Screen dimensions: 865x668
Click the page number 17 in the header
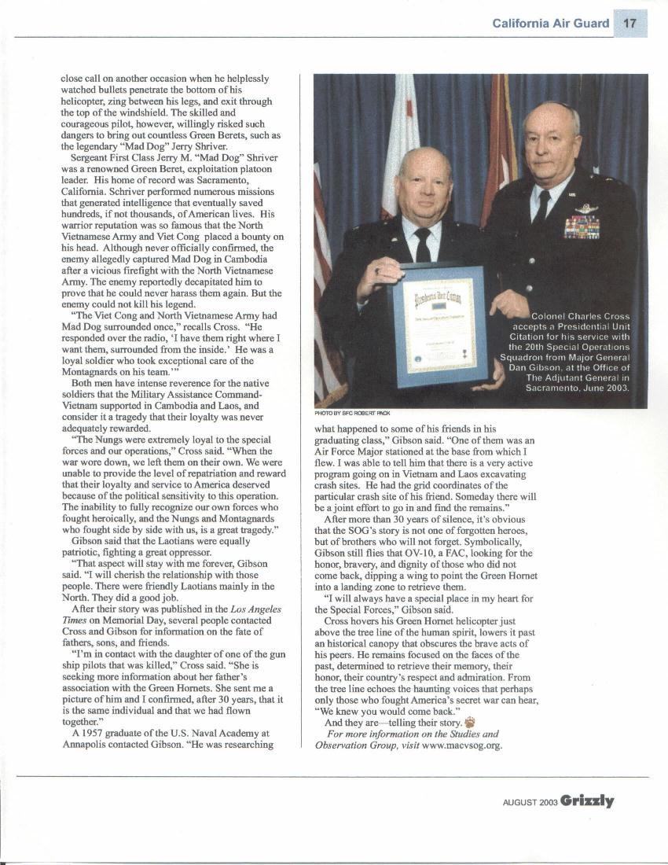coord(630,23)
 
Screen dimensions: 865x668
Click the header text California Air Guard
coord(550,24)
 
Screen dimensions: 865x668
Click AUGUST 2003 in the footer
coord(530,803)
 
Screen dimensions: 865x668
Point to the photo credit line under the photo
coord(351,413)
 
